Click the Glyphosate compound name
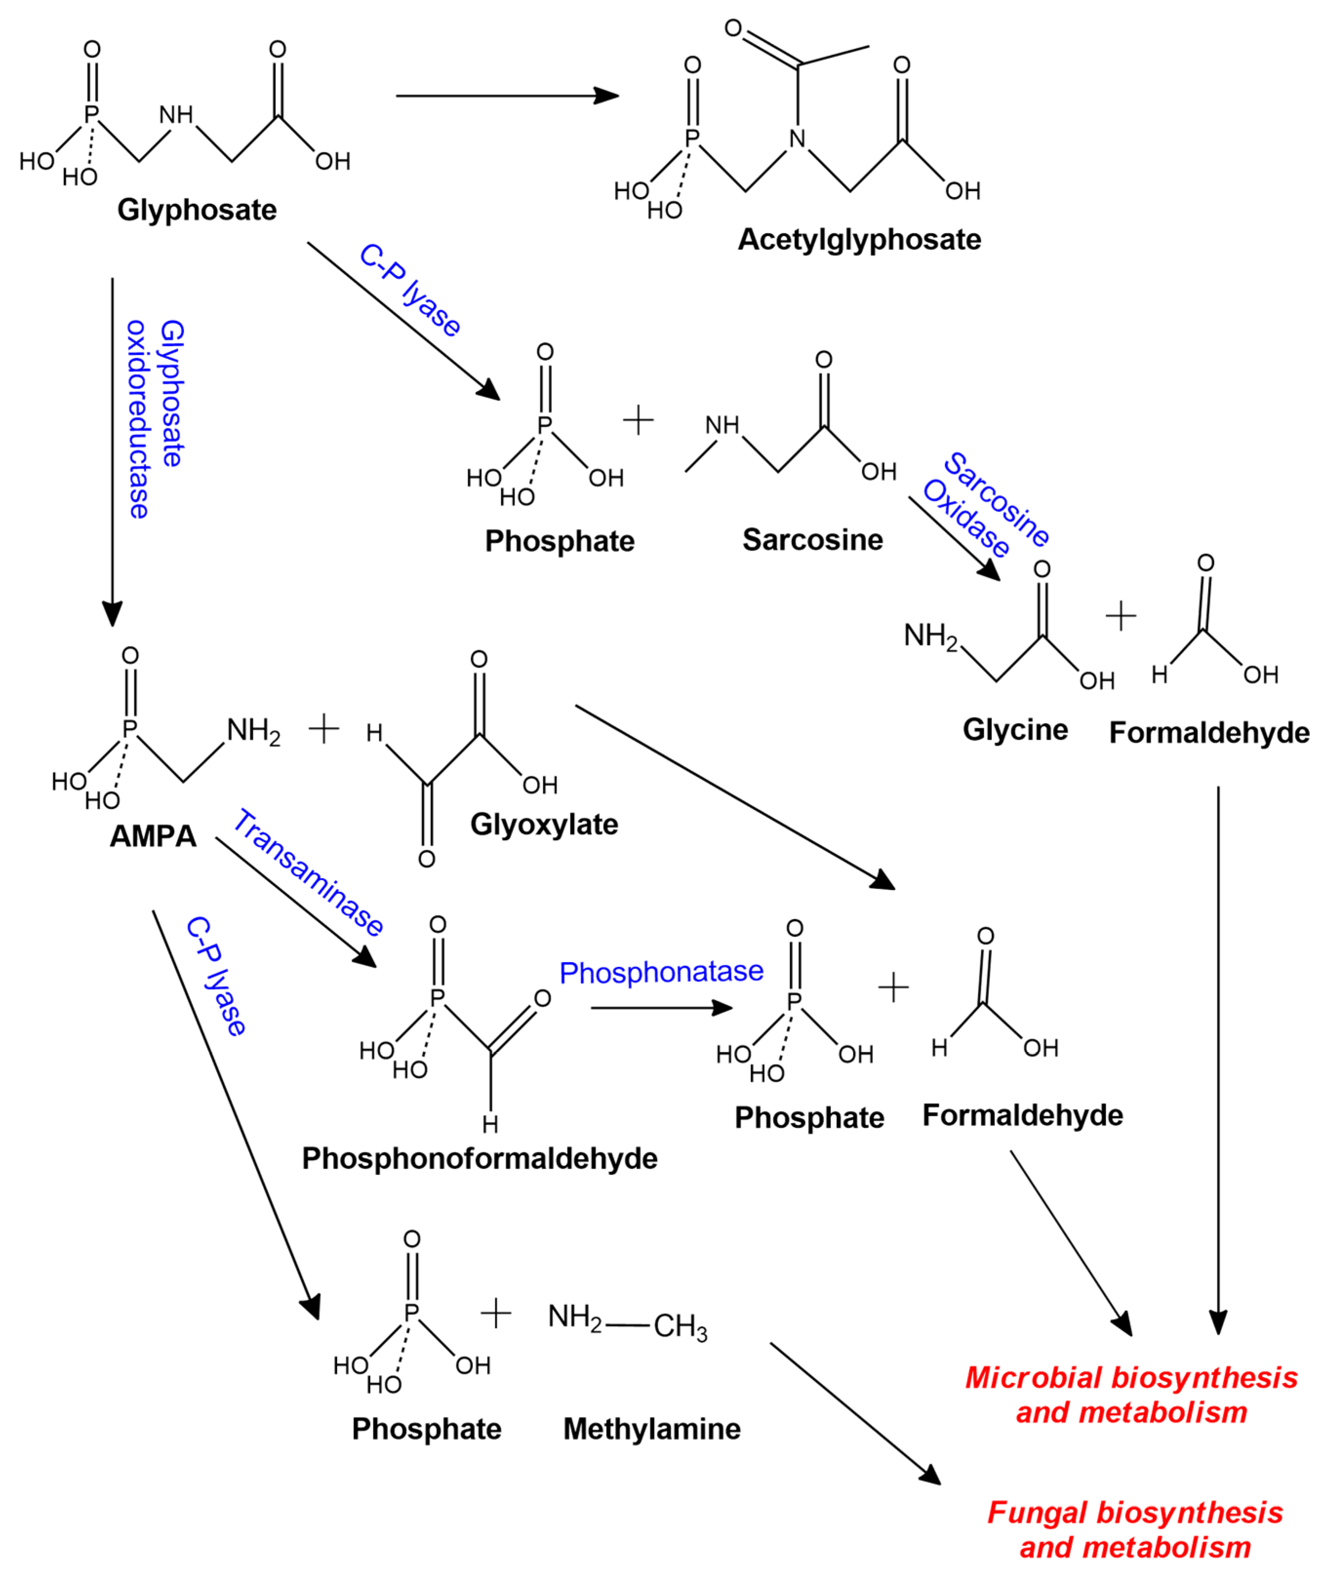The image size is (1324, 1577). (x=197, y=210)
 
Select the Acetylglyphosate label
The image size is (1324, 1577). (x=859, y=239)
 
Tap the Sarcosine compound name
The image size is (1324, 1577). (x=812, y=540)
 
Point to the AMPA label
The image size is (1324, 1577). (x=153, y=836)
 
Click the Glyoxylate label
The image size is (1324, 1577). (x=544, y=825)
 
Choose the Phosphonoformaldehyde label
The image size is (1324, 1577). (x=479, y=1158)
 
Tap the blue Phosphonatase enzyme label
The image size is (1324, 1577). (x=661, y=972)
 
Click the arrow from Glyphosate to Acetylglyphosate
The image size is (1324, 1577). (x=507, y=96)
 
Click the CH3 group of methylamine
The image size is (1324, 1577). (x=680, y=1327)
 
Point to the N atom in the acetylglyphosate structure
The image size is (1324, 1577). (x=797, y=138)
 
